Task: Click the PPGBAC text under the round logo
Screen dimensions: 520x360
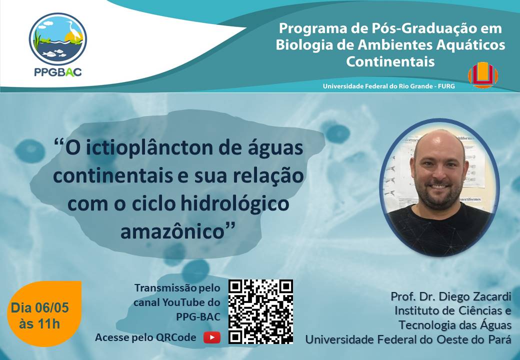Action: point(58,72)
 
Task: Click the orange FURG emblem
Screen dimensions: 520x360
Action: point(482,75)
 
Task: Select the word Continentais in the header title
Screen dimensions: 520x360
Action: point(390,61)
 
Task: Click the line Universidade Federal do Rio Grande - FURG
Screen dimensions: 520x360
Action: point(388,86)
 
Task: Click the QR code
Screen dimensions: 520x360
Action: point(260,311)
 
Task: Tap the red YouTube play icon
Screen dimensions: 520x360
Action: point(212,337)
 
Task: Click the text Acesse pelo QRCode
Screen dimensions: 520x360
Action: point(145,337)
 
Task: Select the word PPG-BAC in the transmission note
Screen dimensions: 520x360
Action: point(198,317)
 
